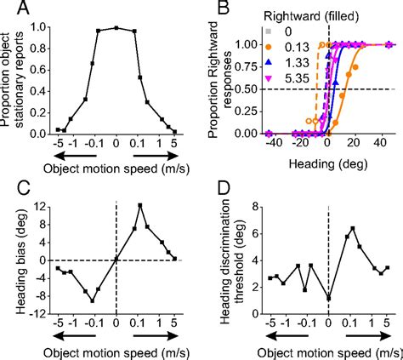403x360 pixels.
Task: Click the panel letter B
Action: pos(221,10)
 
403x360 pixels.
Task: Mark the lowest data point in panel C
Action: pos(92,300)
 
